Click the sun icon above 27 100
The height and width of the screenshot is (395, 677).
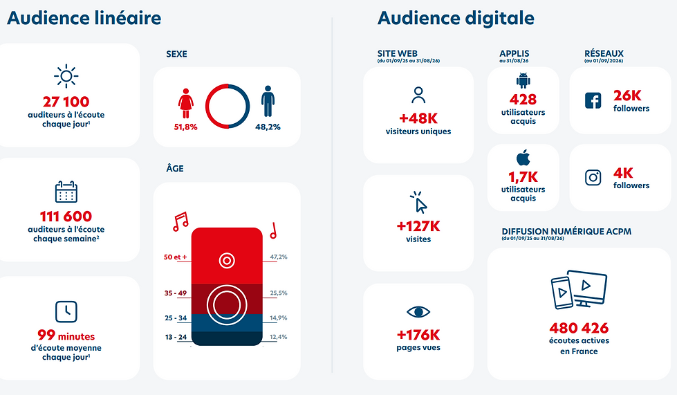click(66, 76)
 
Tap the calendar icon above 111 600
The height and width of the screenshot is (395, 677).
click(66, 192)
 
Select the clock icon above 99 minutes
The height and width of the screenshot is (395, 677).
click(66, 312)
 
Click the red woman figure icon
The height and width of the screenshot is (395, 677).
click(185, 103)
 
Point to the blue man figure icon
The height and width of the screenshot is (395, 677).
click(268, 101)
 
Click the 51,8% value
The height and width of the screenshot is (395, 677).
click(185, 127)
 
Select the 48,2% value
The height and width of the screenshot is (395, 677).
click(268, 127)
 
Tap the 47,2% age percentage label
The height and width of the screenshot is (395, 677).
click(279, 257)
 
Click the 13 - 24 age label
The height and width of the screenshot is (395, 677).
click(176, 337)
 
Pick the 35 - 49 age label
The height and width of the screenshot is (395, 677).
click(175, 293)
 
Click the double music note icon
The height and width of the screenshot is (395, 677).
click(180, 221)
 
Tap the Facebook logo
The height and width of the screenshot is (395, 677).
click(593, 100)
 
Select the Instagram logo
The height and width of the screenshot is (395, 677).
click(593, 177)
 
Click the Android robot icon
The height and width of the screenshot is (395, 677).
click(523, 81)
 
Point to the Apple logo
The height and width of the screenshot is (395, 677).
click(523, 158)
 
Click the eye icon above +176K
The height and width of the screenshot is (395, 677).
click(418, 312)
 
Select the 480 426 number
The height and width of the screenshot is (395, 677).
click(579, 328)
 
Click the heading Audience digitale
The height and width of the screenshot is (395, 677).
click(456, 18)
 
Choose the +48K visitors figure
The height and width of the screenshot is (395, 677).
click(418, 118)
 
